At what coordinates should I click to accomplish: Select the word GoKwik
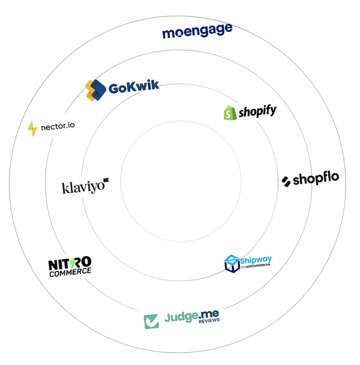pos(133,87)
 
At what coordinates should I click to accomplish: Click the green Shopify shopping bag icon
pos(230,113)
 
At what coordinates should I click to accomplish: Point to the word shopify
pos(257,112)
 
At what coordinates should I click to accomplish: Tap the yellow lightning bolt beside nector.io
pos(32,129)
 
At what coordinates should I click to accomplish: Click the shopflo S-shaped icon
pos(286,182)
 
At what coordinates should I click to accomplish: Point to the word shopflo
pos(316,179)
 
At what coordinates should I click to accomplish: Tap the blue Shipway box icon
pos(232,264)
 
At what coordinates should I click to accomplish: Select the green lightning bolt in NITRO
pos(73,263)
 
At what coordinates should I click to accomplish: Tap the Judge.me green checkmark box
pos(151,321)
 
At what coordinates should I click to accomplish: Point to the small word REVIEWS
pos(209,321)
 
